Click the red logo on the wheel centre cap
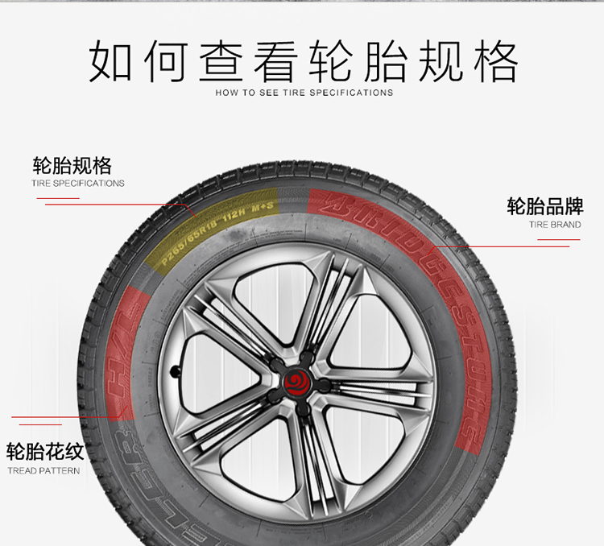pyautogui.click(x=296, y=378)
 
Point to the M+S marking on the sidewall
pyautogui.click(x=263, y=206)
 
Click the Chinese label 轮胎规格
pyautogui.click(x=72, y=166)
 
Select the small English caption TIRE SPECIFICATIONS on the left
pyautogui.click(x=78, y=184)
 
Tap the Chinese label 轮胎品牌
pyautogui.click(x=544, y=206)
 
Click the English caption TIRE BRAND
pyautogui.click(x=555, y=225)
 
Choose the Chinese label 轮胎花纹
pyautogui.click(x=45, y=451)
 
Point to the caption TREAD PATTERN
pyautogui.click(x=43, y=470)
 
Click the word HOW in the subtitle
pyautogui.click(x=225, y=93)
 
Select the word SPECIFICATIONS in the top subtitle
pyautogui.click(x=351, y=93)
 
